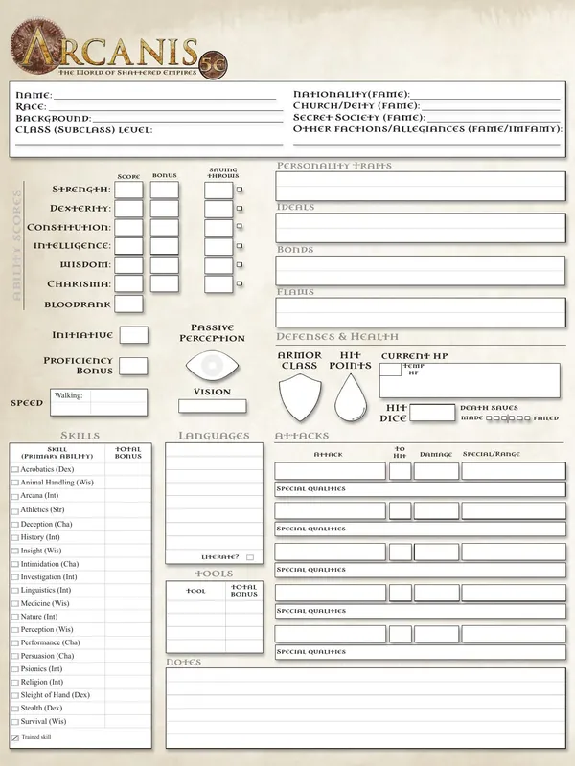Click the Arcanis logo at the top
pyautogui.click(x=115, y=48)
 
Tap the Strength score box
pyautogui.click(x=129, y=190)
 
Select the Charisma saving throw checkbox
pyautogui.click(x=240, y=285)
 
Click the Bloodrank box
pyautogui.click(x=129, y=304)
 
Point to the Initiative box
pyautogui.click(x=134, y=335)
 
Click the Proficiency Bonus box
pyautogui.click(x=133, y=366)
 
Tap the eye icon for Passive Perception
pyautogui.click(x=212, y=367)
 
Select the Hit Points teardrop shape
pyautogui.click(x=352, y=399)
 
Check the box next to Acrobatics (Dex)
pyautogui.click(x=15, y=470)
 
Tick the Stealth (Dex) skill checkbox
pyautogui.click(x=15, y=709)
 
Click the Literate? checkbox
pyautogui.click(x=250, y=557)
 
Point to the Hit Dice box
pyautogui.click(x=432, y=414)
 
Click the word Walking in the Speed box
pyautogui.click(x=68, y=395)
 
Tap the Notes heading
pyautogui.click(x=183, y=663)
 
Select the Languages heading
pyautogui.click(x=214, y=437)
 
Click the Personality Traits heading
pyautogui.click(x=333, y=167)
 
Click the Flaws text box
pyautogui.click(x=420, y=312)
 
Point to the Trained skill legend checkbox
pyautogui.click(x=15, y=738)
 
